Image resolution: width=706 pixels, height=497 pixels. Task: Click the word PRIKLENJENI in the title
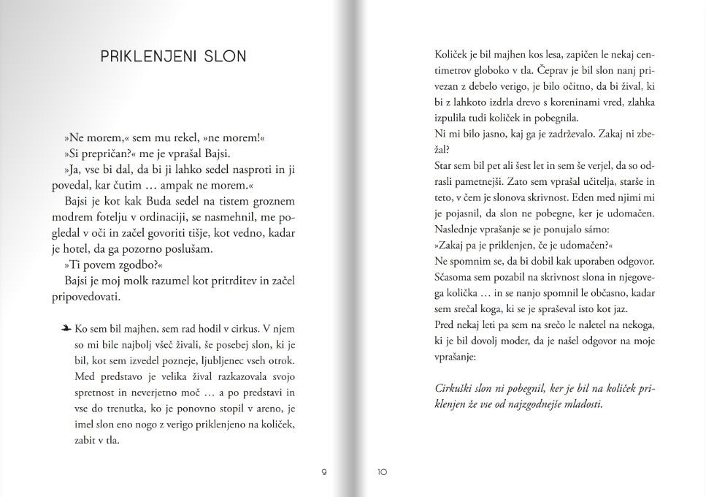tap(148, 56)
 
